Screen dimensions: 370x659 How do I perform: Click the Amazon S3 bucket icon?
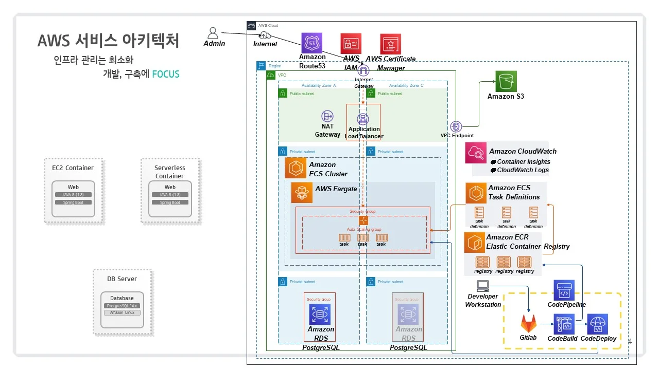tap(506, 81)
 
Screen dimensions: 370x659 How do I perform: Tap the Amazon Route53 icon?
tap(311, 43)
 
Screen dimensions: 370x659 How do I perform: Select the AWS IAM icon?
tap(351, 44)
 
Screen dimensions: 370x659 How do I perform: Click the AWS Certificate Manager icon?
tap(390, 44)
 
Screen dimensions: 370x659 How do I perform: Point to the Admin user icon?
tap(213, 33)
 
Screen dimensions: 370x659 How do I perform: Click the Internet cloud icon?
tap(265, 35)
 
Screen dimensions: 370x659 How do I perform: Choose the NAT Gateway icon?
tap(327, 116)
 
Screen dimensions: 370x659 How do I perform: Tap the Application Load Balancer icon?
tap(363, 119)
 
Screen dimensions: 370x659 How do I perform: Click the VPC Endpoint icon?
tap(456, 126)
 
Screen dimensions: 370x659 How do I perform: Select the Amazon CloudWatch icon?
tap(476, 153)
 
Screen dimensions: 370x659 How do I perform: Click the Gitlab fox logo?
tap(528, 324)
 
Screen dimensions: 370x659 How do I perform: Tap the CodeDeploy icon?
tap(597, 324)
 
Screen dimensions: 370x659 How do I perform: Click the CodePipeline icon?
tap(564, 290)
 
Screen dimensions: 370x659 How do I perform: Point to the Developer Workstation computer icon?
tap(483, 286)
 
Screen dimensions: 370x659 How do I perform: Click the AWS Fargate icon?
tap(302, 193)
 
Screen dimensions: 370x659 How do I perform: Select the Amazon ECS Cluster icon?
tap(296, 168)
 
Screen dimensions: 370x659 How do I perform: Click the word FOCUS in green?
tap(166, 74)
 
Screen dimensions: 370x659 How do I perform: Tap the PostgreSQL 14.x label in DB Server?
tap(122, 306)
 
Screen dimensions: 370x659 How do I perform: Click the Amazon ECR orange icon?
tap(474, 242)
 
